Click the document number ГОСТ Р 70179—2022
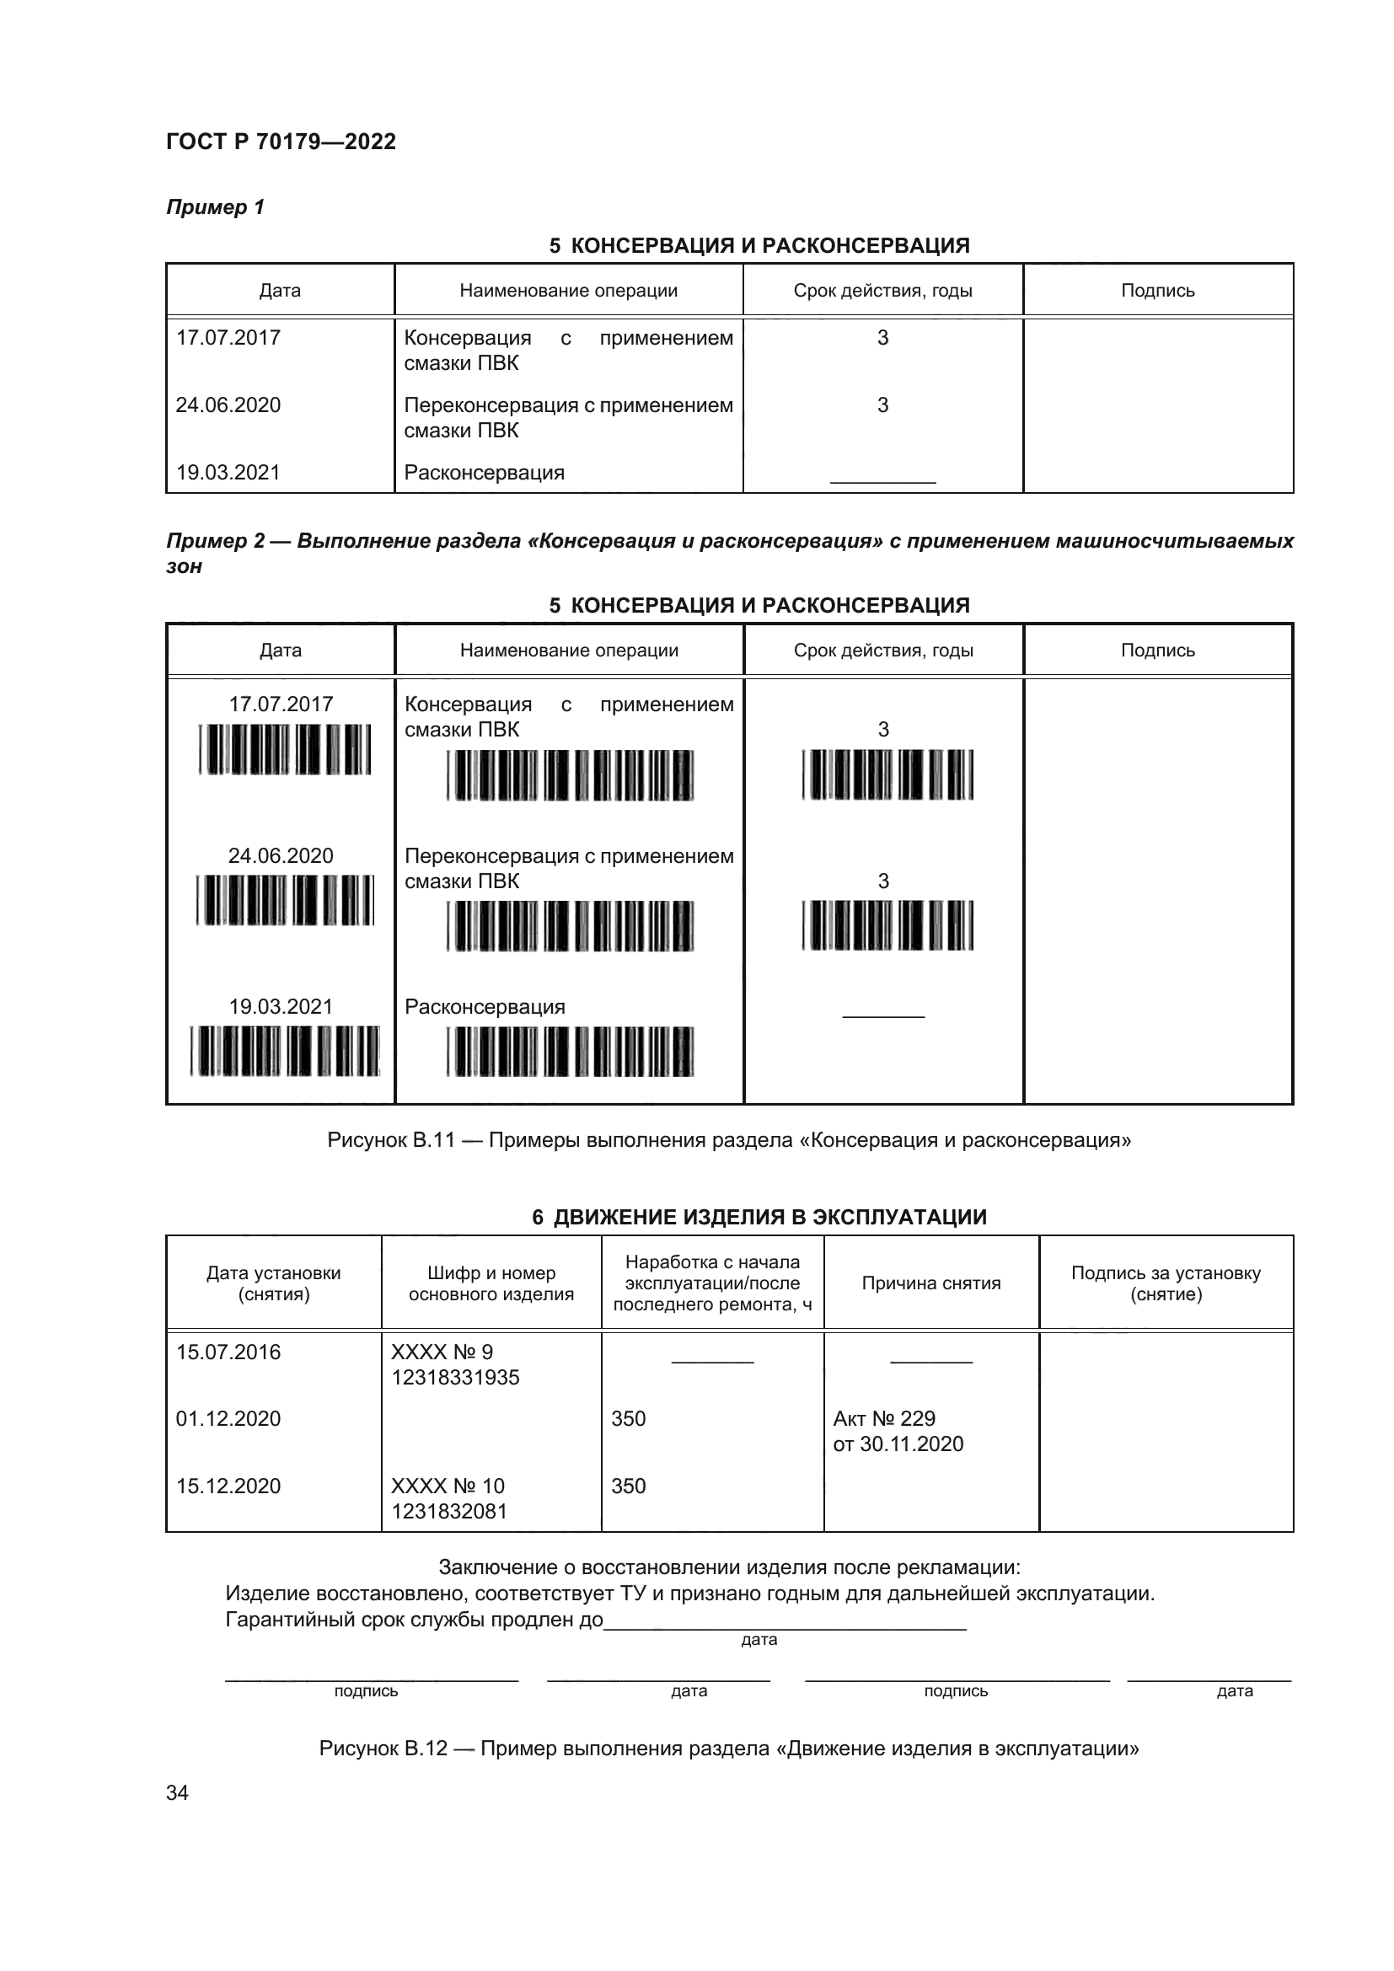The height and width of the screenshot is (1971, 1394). [x=281, y=142]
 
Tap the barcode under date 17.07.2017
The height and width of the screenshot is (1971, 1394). [x=285, y=748]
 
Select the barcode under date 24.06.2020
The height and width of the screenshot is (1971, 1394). [x=285, y=900]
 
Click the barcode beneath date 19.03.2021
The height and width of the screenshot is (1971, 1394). [x=285, y=1051]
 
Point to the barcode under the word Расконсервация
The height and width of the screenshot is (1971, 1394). [x=570, y=1051]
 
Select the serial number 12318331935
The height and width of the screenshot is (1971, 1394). [x=455, y=1377]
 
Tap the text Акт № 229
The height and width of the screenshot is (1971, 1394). [x=884, y=1418]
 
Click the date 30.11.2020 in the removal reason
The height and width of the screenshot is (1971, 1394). [x=912, y=1444]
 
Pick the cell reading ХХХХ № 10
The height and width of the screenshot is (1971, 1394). [x=448, y=1486]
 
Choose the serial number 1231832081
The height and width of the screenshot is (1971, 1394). [x=449, y=1511]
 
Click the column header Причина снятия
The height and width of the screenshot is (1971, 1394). [x=931, y=1283]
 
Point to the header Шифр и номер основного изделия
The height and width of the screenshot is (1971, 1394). [x=491, y=1283]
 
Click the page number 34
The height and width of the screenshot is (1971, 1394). [x=178, y=1792]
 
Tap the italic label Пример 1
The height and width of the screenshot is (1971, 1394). [x=216, y=207]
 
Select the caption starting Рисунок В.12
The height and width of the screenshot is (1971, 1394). [x=729, y=1749]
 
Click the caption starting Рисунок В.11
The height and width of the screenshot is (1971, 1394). [x=729, y=1140]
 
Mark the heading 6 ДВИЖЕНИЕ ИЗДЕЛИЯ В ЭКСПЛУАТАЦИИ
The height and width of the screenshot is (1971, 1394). [x=759, y=1217]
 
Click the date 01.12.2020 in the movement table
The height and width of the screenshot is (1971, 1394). [x=228, y=1418]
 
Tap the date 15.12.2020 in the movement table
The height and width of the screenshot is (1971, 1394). [x=228, y=1486]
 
